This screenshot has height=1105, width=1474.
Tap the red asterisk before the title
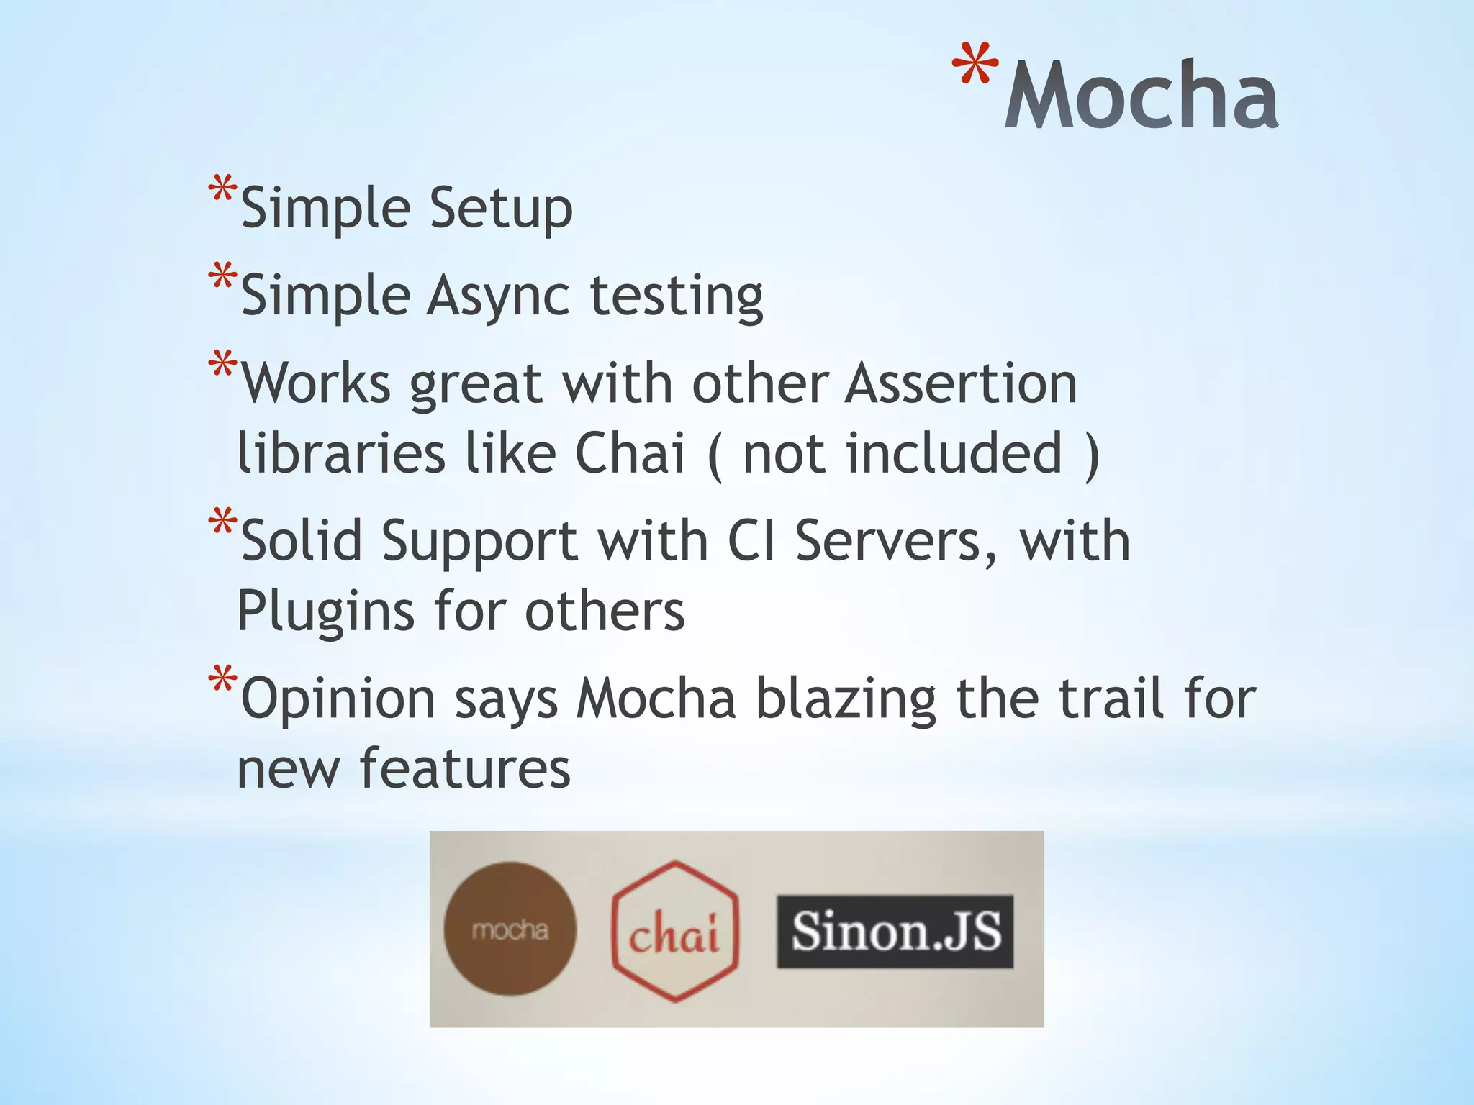coord(975,65)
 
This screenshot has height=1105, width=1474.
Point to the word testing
coord(677,296)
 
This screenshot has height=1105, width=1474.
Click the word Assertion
coord(961,383)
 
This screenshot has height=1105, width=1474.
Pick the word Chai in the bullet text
coord(630,454)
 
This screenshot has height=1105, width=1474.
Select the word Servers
coord(896,541)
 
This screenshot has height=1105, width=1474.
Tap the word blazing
coord(846,699)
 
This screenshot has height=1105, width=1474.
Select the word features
coord(465,769)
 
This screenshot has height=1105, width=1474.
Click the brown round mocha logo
coord(510,929)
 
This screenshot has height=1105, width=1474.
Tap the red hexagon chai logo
coord(675,930)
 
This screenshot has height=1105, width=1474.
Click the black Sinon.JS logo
coord(895,931)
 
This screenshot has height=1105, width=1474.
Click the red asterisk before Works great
coord(222,365)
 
